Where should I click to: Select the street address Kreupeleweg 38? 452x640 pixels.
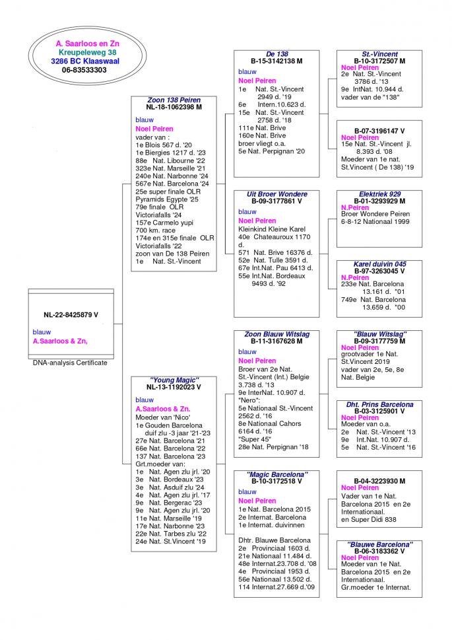click(x=87, y=52)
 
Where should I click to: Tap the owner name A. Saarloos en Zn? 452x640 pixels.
click(x=87, y=43)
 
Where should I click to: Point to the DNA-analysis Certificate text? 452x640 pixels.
click(x=70, y=363)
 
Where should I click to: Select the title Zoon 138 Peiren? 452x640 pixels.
click(x=174, y=100)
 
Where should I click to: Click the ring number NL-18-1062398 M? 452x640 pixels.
click(x=174, y=107)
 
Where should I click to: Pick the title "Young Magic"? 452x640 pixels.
click(x=174, y=380)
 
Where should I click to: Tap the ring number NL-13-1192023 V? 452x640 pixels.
click(x=174, y=388)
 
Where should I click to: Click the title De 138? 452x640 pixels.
click(x=276, y=53)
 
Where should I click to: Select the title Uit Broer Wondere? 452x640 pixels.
click(x=276, y=194)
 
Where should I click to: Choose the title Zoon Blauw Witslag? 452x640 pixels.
click(x=276, y=334)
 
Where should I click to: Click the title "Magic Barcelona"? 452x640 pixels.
click(x=276, y=474)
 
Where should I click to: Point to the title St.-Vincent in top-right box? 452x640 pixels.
click(x=379, y=53)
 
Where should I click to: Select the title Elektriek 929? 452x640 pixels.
click(x=379, y=194)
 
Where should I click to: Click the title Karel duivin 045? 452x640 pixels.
click(x=379, y=264)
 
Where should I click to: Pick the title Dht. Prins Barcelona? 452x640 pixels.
click(x=379, y=404)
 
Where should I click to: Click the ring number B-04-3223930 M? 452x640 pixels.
click(x=379, y=481)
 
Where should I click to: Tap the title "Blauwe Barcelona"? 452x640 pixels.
click(x=379, y=544)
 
